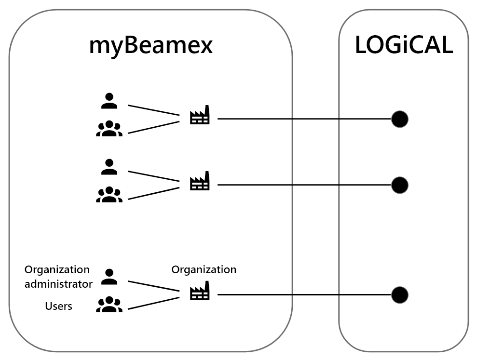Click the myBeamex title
click(x=150, y=46)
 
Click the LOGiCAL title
click(x=404, y=46)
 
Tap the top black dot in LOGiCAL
click(x=399, y=119)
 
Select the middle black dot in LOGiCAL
click(x=399, y=185)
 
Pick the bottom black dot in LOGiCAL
click(x=399, y=295)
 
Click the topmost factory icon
click(x=200, y=116)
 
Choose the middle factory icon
click(x=200, y=182)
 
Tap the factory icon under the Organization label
click(x=200, y=292)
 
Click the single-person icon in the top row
click(x=109, y=101)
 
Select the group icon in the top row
click(x=109, y=129)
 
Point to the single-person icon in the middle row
click(x=109, y=167)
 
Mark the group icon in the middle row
click(x=109, y=195)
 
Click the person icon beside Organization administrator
click(x=109, y=277)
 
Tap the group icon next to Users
click(x=109, y=305)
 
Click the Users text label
click(x=58, y=306)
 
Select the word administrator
click(x=58, y=284)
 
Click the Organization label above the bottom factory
click(x=204, y=269)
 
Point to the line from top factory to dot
click(x=304, y=119)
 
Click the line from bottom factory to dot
click(x=304, y=295)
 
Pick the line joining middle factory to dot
click(x=304, y=185)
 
